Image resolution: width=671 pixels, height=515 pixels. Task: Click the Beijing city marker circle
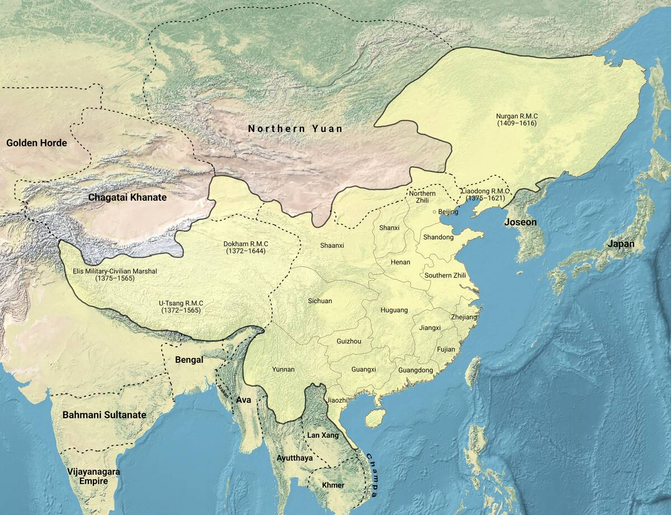[434, 212]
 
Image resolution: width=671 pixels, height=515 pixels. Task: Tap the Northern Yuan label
[295, 129]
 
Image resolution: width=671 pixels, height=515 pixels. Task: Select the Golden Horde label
[36, 143]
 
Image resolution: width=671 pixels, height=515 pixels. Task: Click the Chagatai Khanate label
[127, 197]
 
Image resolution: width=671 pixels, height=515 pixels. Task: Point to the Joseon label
[520, 222]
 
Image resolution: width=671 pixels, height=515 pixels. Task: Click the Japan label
[622, 244]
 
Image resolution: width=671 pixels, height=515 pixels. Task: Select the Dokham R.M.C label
[244, 248]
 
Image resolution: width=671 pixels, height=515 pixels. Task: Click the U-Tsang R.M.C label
[181, 306]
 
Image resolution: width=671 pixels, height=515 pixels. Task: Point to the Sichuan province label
[320, 301]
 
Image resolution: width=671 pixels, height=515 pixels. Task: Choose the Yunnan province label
[283, 370]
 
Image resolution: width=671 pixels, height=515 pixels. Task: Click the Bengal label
[189, 360]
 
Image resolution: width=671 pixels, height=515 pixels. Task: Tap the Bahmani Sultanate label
[104, 415]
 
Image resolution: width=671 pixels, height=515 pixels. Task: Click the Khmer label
[333, 485]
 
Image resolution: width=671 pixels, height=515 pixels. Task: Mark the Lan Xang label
[323, 434]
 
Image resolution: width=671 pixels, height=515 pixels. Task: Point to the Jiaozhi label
[338, 400]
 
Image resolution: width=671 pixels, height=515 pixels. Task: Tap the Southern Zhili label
[445, 275]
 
